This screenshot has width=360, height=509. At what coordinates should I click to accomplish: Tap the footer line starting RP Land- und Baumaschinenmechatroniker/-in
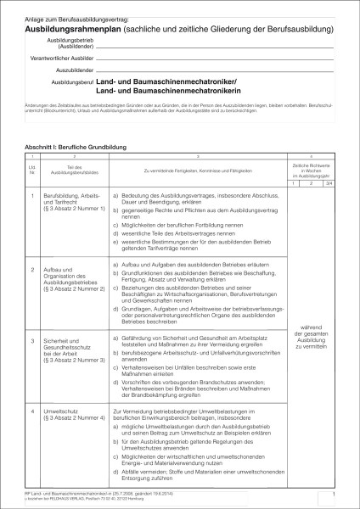(102, 492)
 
